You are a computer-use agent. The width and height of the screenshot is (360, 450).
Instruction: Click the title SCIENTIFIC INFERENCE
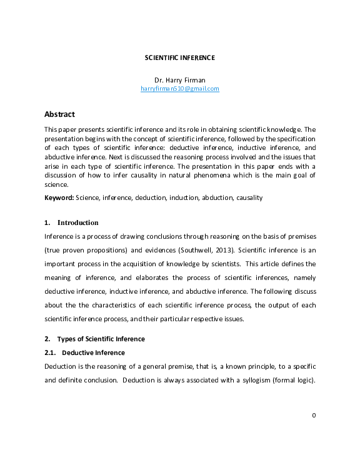(179, 57)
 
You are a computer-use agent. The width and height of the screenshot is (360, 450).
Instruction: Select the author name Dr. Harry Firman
(179, 80)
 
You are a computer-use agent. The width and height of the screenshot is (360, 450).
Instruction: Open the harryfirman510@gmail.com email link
(179, 89)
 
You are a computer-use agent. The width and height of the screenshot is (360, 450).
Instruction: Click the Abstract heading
(59, 114)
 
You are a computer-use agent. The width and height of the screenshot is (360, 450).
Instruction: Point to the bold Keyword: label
(59, 197)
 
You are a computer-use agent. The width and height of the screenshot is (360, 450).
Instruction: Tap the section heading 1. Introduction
(71, 222)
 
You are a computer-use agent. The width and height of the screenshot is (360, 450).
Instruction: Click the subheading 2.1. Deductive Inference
(84, 352)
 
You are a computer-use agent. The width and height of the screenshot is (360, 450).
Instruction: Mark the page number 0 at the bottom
(314, 415)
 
